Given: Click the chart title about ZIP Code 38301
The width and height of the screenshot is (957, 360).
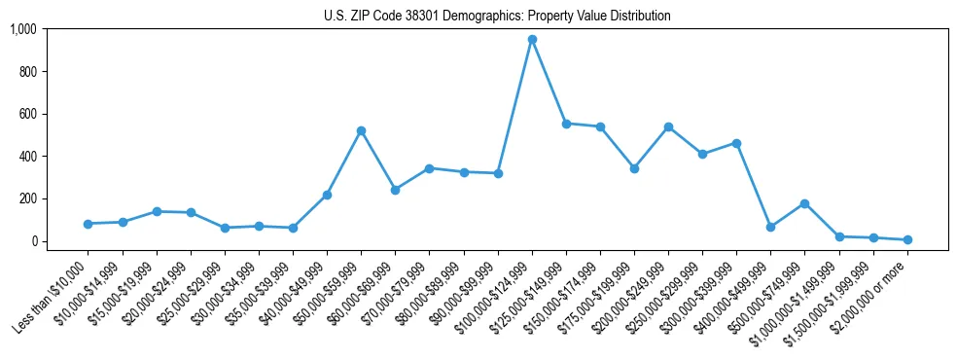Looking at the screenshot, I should coord(497,17).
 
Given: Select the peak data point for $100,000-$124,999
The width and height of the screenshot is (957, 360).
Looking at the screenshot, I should coord(532,40).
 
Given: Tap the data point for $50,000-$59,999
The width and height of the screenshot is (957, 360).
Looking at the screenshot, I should coord(361,130).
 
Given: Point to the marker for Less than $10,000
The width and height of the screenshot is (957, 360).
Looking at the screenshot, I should coord(89,224).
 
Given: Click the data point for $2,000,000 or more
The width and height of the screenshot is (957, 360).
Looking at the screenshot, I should coord(907,239).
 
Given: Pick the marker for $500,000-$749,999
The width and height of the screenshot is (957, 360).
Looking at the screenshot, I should coord(804,203).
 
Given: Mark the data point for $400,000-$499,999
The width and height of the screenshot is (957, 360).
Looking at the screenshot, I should coord(770,227).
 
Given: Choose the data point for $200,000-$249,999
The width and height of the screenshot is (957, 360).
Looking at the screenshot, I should coord(668,126).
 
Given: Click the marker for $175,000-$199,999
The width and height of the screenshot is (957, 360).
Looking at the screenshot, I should coord(634,168).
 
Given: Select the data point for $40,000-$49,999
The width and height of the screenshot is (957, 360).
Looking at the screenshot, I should coord(327,195).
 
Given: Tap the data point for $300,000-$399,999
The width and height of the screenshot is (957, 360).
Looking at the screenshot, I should coord(736,143).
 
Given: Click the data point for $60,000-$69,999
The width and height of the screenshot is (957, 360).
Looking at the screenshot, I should coord(395,190).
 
